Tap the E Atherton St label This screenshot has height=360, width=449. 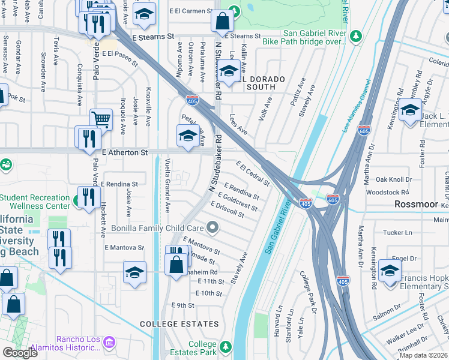(x=125, y=154)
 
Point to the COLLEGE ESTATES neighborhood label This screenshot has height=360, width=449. (x=179, y=324)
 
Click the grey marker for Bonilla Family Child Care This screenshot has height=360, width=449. (x=212, y=227)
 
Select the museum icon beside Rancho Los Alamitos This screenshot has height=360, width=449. (x=109, y=343)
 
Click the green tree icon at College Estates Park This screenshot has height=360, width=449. (x=225, y=347)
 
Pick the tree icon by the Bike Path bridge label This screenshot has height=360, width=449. (x=356, y=37)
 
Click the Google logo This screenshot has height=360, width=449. (x=20, y=353)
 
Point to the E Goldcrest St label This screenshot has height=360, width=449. (x=238, y=202)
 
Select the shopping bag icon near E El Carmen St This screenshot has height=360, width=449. (x=222, y=22)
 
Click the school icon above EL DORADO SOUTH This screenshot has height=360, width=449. (x=228, y=71)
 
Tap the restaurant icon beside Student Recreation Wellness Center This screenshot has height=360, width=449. (x=88, y=197)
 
